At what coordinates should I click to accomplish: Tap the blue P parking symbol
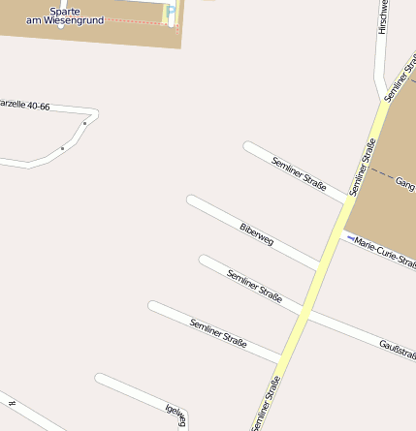coord(172,13)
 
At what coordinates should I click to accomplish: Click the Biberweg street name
coord(256,234)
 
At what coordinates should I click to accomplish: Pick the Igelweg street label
coord(176,415)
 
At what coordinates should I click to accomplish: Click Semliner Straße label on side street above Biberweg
coord(300,173)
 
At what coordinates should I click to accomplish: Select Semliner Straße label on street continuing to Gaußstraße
coord(254,287)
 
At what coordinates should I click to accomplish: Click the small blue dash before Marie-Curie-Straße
coord(349,237)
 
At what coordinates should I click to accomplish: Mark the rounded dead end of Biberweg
coord(192,200)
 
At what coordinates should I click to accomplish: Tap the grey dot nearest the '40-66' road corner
coord(85,123)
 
